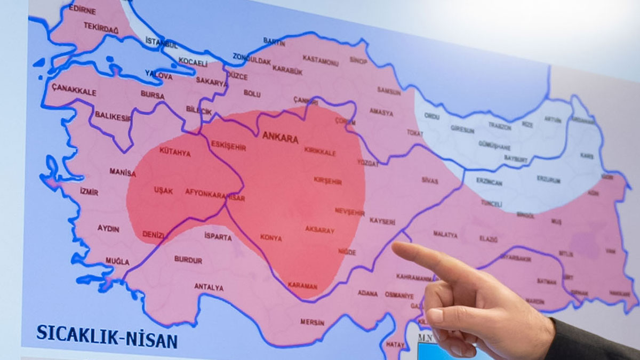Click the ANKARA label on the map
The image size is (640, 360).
pos(280,137)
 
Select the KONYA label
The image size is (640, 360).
pos(271,238)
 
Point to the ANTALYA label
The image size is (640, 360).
pos(209,287)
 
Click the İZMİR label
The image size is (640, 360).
pos(89,192)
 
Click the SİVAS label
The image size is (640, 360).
pos(429,181)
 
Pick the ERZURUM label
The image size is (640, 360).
pos(548,180)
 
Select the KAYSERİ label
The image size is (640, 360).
pos(382,221)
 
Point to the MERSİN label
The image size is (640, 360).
pos(312,322)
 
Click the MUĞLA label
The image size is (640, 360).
pos(117,261)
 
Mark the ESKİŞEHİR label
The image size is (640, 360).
pos(228,146)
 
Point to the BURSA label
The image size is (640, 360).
pos(153,94)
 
